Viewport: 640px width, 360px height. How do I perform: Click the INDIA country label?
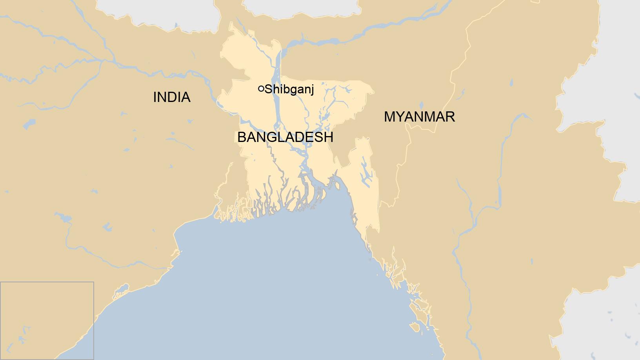172,97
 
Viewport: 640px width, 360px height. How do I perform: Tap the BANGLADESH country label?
285,137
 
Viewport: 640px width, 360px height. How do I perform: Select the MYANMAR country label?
419,117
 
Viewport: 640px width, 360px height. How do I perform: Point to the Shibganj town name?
289,90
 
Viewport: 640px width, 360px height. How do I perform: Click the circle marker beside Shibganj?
261,89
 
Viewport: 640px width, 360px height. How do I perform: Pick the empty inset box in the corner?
47,320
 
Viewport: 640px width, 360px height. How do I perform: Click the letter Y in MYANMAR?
400,117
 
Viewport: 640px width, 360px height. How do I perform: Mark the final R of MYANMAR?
450,117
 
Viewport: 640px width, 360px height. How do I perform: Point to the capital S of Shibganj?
269,90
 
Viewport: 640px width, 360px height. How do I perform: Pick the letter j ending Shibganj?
312,91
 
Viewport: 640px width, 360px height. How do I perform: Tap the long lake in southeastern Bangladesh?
366,173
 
